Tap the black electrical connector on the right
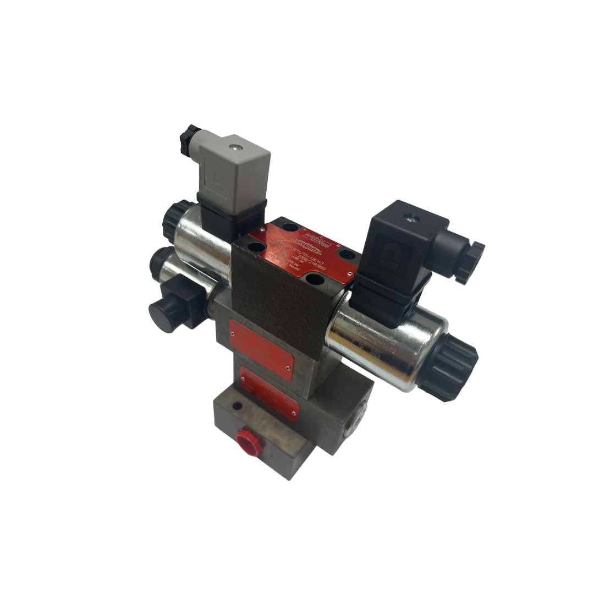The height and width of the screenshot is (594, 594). pos(402,253)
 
